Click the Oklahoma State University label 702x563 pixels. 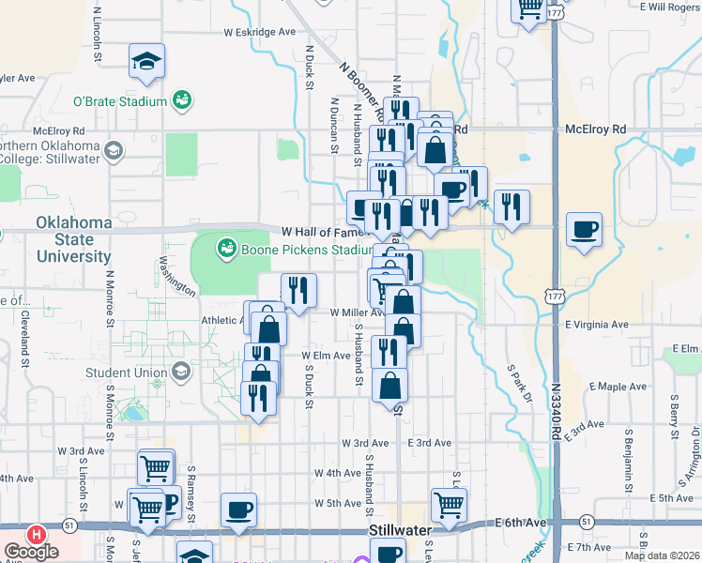point(73,239)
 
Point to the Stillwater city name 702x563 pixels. point(399,530)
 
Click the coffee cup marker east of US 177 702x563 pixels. point(584,230)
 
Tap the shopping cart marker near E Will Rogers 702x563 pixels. point(528,8)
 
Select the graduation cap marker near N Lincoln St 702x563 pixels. point(146,61)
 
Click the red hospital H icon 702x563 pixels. point(37,534)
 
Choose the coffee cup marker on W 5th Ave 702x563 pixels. point(238,510)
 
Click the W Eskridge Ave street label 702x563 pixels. point(259,31)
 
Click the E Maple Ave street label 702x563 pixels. point(618,387)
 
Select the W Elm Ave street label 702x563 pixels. point(325,356)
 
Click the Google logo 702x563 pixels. point(31,553)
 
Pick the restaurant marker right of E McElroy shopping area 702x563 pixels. point(511,206)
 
